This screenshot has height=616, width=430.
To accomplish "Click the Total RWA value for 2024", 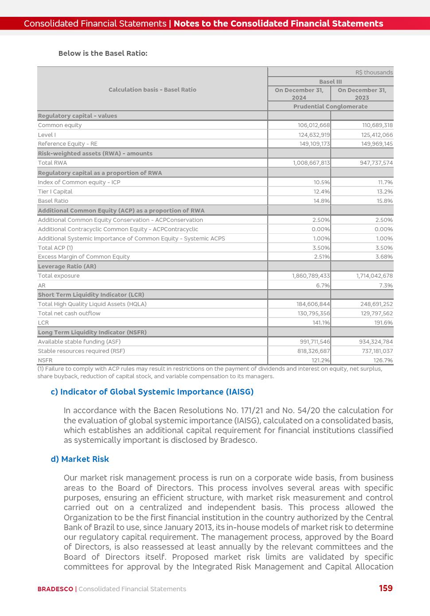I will tap(311, 163).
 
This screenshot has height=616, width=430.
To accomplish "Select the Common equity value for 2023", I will tap(377, 125).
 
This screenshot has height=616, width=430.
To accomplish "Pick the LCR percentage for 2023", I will tap(383, 323).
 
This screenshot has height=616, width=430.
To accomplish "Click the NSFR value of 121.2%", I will tap(321, 360).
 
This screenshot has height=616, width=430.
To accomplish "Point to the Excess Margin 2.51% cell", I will tap(321, 257).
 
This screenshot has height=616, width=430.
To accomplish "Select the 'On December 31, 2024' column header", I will tap(299, 94).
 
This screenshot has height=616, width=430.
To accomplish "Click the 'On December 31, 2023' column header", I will tap(362, 94).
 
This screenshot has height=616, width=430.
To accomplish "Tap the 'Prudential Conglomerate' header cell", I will tap(330, 107).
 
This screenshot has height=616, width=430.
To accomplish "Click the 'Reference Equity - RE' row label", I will tap(67, 144).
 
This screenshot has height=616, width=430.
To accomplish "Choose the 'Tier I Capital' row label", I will tap(55, 192).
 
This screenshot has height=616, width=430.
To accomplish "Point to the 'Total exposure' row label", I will tap(59, 276).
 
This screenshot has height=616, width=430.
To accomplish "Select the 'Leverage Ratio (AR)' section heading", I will tap(67, 267).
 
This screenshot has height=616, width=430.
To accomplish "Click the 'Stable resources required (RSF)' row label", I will tap(81, 351).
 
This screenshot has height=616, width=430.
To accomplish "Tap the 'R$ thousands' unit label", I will tap(374, 73).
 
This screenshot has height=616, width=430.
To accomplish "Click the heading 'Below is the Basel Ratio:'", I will tap(103, 54).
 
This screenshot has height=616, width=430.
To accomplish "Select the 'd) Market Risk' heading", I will tap(80, 459).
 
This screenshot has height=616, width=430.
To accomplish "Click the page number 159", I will tap(386, 589).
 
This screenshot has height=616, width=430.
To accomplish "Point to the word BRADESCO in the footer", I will tap(55, 589).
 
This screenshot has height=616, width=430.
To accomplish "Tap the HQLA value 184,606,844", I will tap(313, 304).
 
